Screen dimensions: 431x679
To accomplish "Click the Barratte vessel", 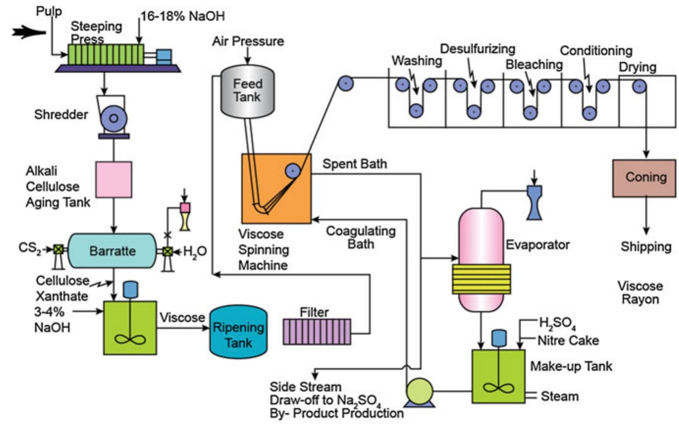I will (112, 250).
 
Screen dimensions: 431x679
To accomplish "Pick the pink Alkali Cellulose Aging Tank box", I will (113, 180).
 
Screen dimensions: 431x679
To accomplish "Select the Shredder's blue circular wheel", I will (113, 118).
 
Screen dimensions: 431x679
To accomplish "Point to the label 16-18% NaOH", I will (182, 16).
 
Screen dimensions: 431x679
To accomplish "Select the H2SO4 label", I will (557, 324).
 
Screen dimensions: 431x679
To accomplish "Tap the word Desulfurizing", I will (478, 49).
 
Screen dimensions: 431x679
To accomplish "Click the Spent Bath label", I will (354, 164).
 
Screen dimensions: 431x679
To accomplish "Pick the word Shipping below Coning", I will (646, 246).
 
